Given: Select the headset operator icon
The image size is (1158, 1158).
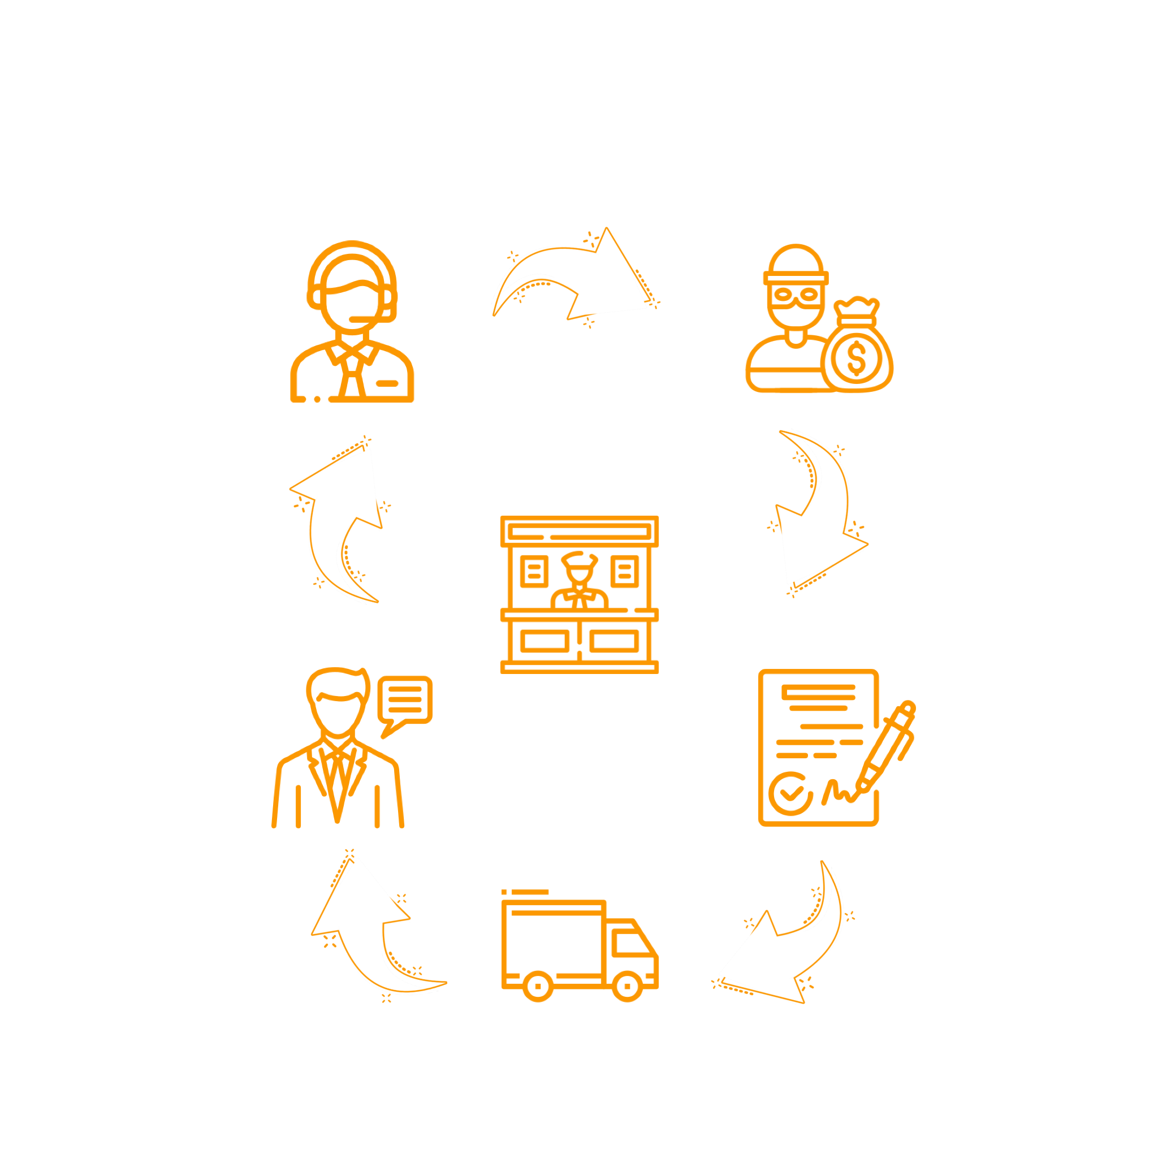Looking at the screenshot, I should [x=352, y=321].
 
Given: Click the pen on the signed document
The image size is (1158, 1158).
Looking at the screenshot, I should [x=886, y=749].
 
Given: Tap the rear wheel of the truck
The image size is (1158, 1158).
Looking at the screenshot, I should [x=538, y=986].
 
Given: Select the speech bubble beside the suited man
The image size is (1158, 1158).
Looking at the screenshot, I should [x=405, y=700].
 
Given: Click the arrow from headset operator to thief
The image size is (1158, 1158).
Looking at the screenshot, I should [x=576, y=276].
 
